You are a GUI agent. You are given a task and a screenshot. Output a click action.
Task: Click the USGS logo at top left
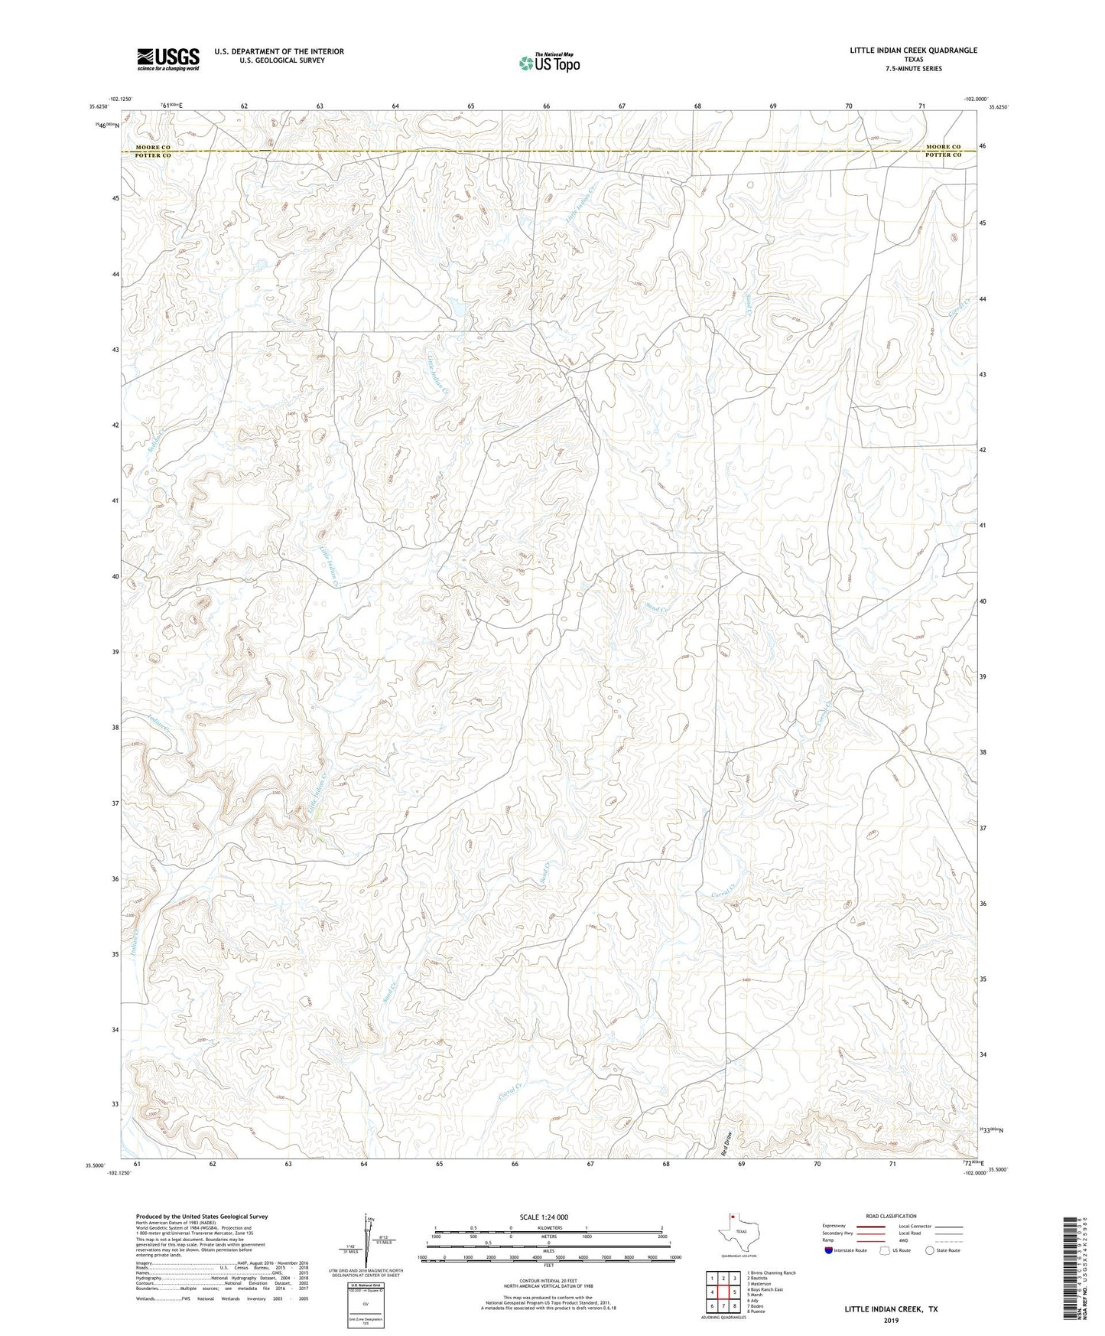[168, 59]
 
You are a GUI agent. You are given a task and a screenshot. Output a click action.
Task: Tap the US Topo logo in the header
[548, 63]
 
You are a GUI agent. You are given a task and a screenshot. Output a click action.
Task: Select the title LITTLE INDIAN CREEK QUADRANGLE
[913, 51]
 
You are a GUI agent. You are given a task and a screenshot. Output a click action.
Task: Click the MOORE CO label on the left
[153, 147]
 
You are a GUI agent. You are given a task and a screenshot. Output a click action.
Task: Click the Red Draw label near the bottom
[727, 1142]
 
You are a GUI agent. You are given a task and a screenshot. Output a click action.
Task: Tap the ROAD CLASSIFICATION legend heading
[891, 1216]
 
